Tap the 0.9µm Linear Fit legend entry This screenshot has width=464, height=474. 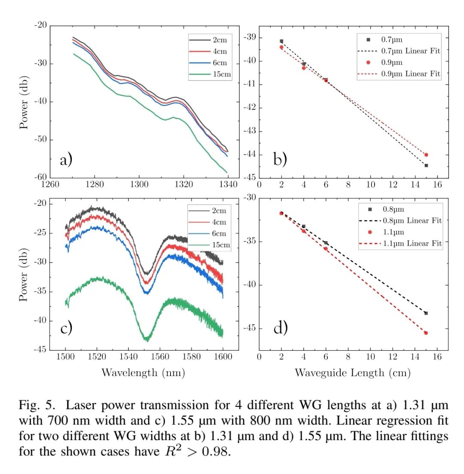(x=410, y=74)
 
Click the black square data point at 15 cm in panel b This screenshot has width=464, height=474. (x=426, y=165)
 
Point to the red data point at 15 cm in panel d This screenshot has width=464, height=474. (x=426, y=333)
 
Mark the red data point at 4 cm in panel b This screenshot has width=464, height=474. (x=304, y=68)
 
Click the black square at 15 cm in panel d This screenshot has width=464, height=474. (x=426, y=313)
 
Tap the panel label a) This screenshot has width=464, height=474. (x=66, y=160)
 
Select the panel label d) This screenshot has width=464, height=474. (x=280, y=328)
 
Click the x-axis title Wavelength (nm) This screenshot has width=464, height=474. (x=143, y=373)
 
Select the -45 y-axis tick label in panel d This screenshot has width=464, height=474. (x=249, y=329)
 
